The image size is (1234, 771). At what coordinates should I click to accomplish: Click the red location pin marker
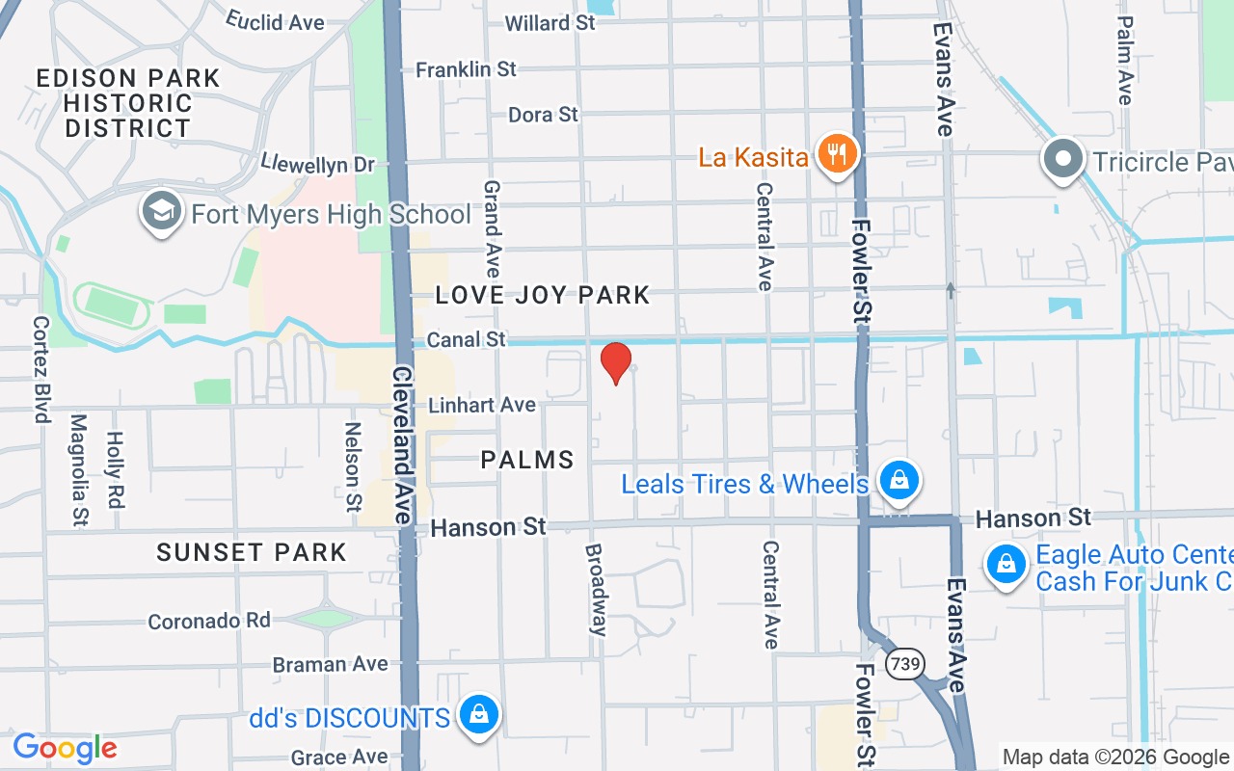[616, 363]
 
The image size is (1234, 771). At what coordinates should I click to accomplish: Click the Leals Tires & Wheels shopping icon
[899, 481]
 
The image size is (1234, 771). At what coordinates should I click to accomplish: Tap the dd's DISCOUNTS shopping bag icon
[478, 716]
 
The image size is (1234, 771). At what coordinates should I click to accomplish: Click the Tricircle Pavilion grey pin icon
[1063, 160]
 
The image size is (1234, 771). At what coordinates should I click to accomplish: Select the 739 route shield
[906, 664]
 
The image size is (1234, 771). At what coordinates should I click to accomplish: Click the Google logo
[65, 748]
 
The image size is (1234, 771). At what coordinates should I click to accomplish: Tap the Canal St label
[467, 339]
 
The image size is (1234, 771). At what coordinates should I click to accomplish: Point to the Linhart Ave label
[482, 405]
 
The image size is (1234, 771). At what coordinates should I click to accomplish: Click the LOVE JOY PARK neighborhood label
[543, 295]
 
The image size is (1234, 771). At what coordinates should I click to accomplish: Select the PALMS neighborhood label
[527, 460]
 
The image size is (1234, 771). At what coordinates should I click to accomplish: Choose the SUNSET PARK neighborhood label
[251, 552]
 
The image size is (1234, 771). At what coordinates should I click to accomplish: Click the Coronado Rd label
[209, 621]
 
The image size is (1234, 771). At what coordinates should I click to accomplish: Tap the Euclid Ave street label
[275, 20]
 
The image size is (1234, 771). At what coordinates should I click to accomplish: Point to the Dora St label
[544, 115]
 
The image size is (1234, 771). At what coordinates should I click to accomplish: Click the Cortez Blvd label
[40, 369]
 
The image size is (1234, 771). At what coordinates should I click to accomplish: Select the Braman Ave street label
[330, 664]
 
